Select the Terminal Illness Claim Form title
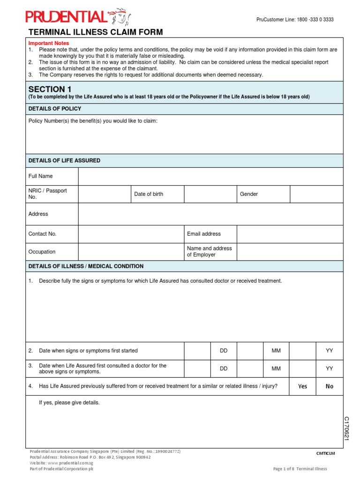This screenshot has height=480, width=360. (96, 32)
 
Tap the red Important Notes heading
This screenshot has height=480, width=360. (49, 43)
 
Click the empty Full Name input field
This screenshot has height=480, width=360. (210, 176)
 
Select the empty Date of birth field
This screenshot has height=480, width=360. (210, 194)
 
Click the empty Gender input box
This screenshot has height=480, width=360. (316, 194)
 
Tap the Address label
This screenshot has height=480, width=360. (38, 214)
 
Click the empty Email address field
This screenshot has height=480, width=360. (290, 234)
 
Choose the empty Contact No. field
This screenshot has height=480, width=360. (131, 234)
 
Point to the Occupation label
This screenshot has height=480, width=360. (42, 252)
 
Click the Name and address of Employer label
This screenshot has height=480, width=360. (210, 252)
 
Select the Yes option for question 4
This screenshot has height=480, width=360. (303, 386)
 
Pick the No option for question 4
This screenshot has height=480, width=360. (330, 386)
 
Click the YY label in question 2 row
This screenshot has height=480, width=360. (330, 351)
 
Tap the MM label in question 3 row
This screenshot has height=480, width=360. (276, 369)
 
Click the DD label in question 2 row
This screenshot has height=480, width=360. (224, 351)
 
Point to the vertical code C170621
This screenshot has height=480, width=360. (347, 428)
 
